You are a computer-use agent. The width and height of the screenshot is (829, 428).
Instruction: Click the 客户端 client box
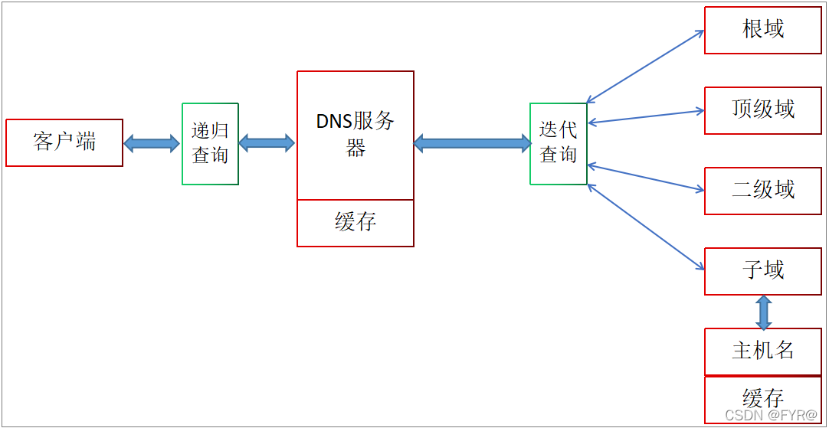pos(64,142)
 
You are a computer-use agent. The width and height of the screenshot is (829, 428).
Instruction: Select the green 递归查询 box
pos(210,144)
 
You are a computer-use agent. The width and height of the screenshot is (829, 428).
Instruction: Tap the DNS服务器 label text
pos(356,134)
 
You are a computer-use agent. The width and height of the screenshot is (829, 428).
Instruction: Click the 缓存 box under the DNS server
pos(356,223)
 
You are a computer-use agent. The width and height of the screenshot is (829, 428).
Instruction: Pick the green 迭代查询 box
pos(558,144)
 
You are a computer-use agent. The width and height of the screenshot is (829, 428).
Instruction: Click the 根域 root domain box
pos(762,31)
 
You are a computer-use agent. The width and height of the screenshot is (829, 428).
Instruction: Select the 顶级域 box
pos(762,110)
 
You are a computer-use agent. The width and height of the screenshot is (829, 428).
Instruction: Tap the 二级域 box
pos(762,191)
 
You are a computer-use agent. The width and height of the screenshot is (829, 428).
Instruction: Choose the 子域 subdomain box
pos(762,271)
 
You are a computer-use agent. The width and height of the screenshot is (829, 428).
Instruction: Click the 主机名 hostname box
pos(762,351)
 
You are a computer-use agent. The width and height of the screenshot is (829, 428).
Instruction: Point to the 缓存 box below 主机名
pos(762,399)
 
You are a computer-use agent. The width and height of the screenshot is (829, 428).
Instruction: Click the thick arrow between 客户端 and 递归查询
pos(152,143)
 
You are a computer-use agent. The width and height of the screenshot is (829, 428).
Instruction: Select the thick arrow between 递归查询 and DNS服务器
pos(267,143)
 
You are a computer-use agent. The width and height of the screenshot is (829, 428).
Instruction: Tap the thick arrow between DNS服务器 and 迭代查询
pos(472,143)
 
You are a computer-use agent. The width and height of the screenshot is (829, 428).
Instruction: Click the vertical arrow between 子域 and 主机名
pos(763,312)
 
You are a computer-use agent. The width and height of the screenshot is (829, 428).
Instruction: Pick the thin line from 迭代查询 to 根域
pos(645,67)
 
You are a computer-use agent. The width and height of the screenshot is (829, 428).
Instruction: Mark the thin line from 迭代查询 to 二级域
pos(646,178)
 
